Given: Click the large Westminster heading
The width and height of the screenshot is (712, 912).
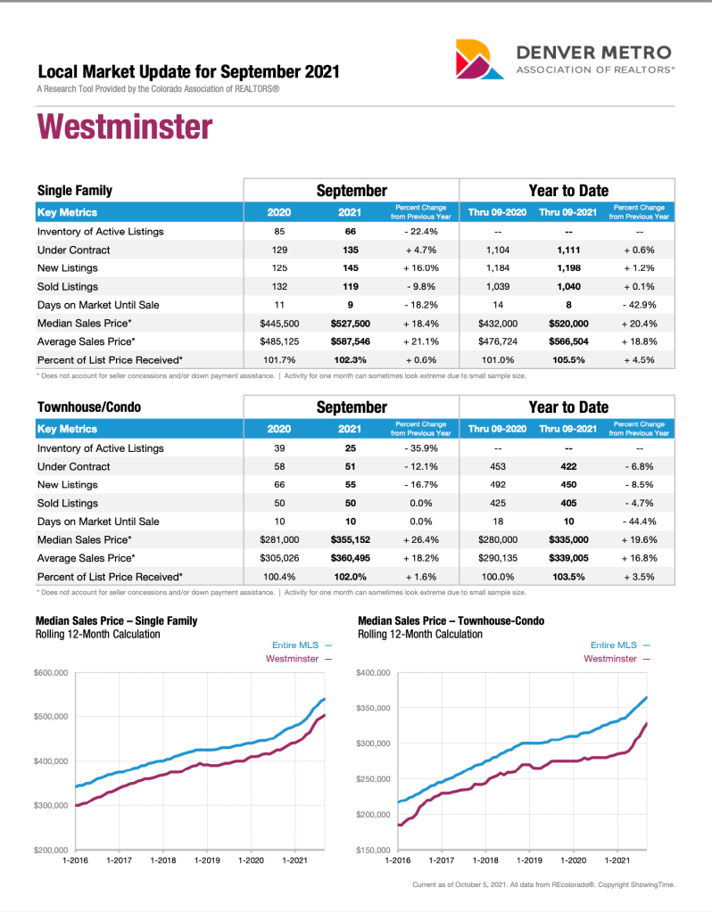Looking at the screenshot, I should click(124, 127).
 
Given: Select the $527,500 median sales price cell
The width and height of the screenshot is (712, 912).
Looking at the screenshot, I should click(350, 323).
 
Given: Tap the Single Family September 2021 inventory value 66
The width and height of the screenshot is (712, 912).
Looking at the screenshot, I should click(350, 231).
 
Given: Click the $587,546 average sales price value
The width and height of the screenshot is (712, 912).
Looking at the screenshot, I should click(350, 341).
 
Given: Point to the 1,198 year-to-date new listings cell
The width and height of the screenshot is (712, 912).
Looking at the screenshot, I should click(567, 267).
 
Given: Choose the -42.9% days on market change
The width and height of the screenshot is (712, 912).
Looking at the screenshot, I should click(639, 305).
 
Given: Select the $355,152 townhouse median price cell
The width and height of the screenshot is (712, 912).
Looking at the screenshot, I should click(350, 539).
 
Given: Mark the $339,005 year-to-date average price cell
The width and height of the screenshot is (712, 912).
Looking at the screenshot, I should click(567, 558).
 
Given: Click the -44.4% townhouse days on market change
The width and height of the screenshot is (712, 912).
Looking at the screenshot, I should click(639, 522).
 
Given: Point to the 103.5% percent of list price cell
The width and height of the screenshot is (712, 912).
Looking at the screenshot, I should click(567, 577).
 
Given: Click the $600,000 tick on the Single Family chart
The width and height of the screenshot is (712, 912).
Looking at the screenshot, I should click(52, 672).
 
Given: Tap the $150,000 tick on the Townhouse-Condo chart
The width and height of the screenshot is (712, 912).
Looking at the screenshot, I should click(374, 850).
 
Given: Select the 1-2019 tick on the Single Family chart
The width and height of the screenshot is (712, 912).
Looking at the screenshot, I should click(207, 861).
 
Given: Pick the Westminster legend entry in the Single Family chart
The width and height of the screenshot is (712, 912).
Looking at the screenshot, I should click(299, 659).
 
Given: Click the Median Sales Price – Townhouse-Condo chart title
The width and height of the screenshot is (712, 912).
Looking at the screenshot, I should click(451, 620).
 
